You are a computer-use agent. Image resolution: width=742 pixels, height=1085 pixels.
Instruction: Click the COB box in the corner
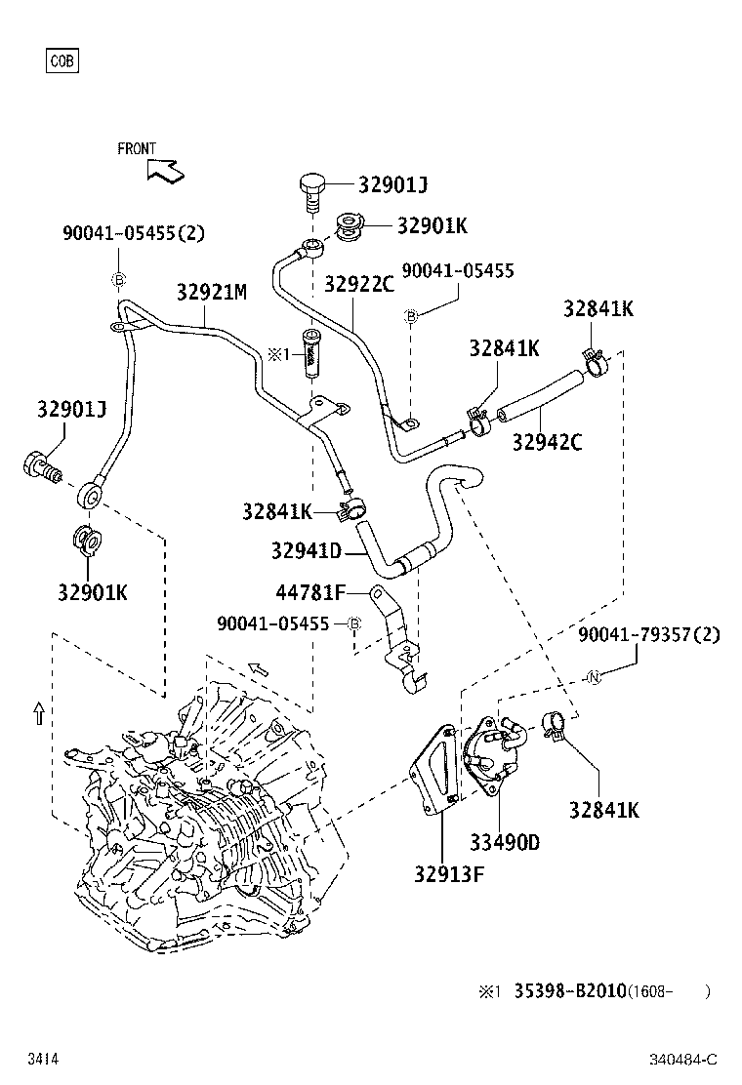[62, 61]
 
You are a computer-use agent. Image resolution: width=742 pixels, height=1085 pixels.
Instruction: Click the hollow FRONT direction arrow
[164, 170]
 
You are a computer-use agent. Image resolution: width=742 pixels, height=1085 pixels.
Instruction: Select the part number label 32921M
[211, 292]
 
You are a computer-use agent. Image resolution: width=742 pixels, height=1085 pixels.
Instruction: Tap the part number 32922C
[358, 284]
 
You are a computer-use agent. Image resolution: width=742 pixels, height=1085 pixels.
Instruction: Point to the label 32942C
[547, 442]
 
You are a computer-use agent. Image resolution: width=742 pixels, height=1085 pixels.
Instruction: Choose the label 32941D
[306, 552]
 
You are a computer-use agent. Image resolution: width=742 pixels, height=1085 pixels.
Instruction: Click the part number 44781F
[310, 592]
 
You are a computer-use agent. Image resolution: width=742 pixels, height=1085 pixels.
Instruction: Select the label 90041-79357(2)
[648, 635]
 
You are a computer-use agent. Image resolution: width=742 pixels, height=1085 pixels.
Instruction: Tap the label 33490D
[505, 842]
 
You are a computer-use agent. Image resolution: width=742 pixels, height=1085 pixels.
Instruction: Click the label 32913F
[448, 872]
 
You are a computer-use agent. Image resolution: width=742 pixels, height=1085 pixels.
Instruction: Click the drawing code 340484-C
[683, 1060]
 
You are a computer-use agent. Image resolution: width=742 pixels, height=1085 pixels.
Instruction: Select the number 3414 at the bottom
[42, 1060]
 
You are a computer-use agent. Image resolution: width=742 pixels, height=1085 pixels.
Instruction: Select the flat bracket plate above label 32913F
[435, 771]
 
